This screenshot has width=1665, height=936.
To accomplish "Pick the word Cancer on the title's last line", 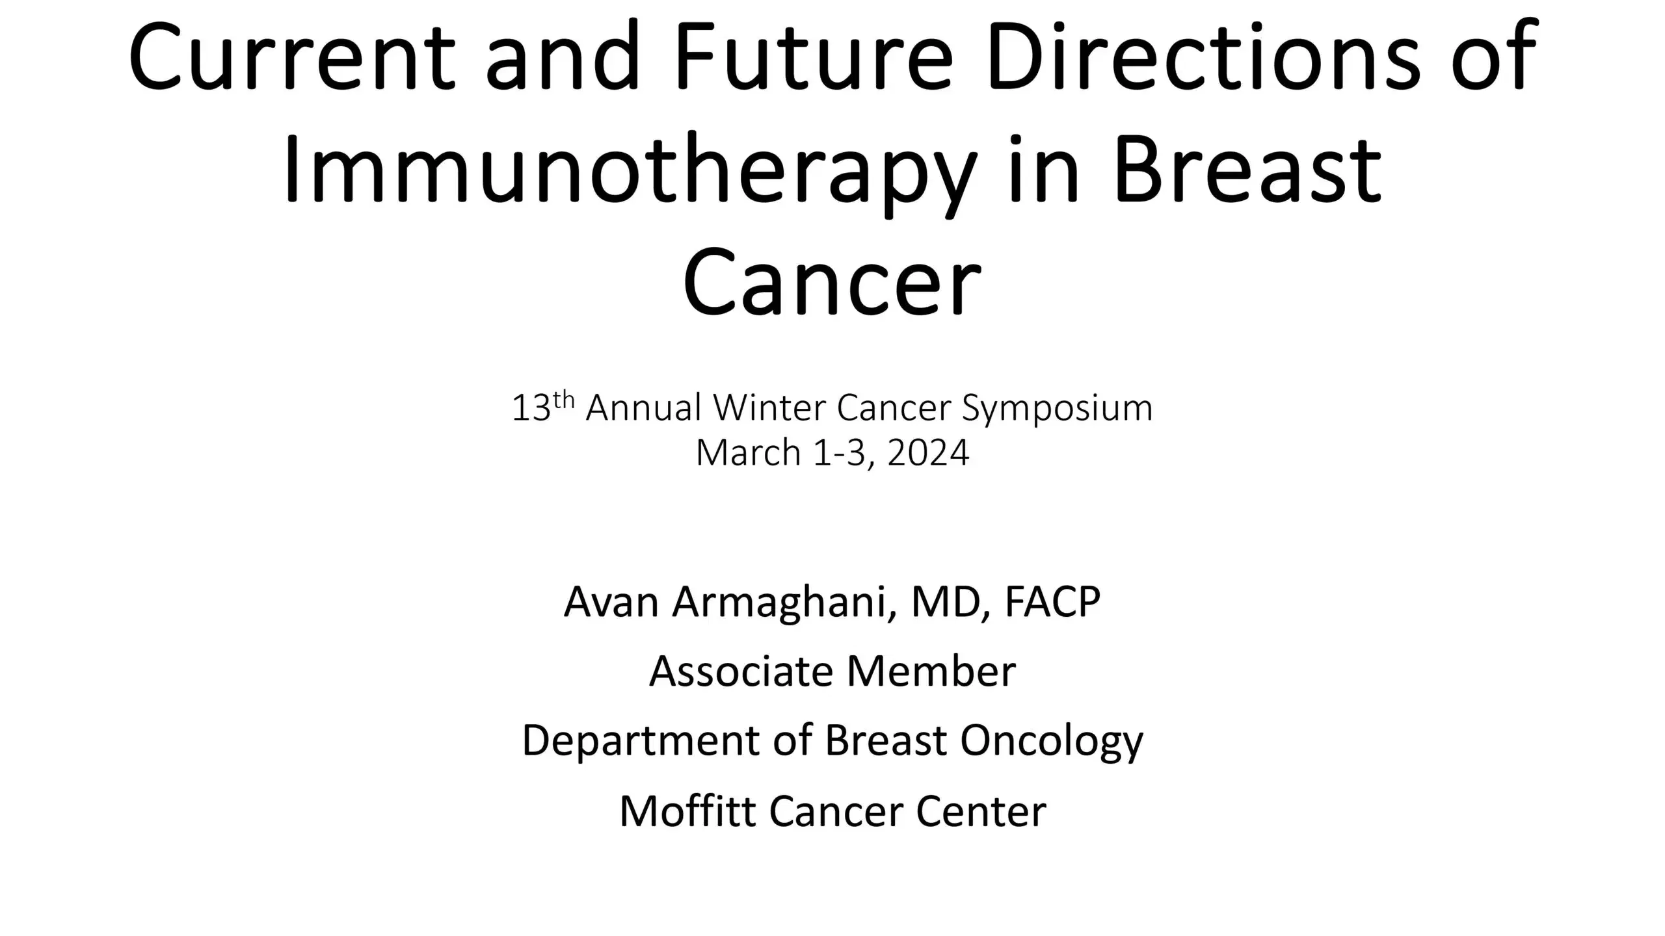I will coord(832,283).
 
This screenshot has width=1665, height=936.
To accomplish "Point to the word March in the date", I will coord(748,452).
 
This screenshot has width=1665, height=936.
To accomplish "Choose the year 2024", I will coord(928,452).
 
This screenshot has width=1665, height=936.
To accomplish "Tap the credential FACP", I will coord(1052,602).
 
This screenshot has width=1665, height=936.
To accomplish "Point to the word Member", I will coord(931,671).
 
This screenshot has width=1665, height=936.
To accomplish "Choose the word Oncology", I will coord(1051,741).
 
